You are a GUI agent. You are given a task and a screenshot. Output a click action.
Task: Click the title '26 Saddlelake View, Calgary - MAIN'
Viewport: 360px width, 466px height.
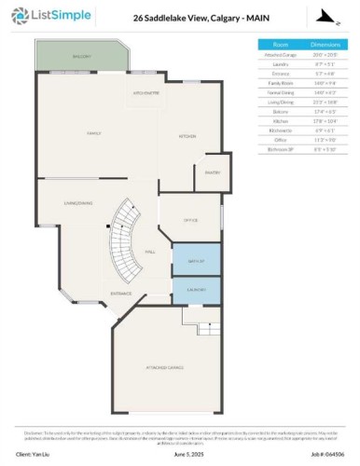[180, 17]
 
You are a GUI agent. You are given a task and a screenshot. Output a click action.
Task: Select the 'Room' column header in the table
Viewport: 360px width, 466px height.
[280, 44]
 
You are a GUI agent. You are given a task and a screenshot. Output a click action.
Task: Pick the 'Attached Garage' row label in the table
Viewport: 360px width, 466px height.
[280, 52]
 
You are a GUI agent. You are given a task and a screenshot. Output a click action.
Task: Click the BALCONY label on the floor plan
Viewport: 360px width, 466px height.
[82, 58]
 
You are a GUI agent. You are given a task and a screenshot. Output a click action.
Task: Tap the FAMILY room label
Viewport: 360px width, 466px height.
[93, 134]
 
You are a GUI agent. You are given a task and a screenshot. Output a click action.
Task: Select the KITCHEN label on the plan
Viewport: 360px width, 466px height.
[187, 136]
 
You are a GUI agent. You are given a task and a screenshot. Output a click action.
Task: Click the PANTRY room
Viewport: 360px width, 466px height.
[212, 171]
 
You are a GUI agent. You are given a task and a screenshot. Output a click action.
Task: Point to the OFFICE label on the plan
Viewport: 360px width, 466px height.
[189, 220]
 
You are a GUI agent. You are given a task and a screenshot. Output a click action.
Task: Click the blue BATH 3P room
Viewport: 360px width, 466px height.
[195, 259]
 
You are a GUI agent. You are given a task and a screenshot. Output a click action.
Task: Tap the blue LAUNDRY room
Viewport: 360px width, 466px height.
[195, 290]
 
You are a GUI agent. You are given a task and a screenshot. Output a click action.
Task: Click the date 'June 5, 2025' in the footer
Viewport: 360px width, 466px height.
[187, 454]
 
